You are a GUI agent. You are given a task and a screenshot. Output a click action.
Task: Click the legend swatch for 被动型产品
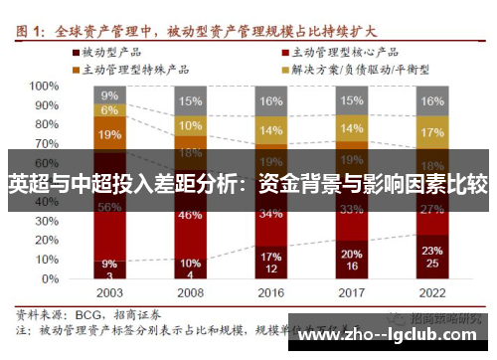coord(75,51)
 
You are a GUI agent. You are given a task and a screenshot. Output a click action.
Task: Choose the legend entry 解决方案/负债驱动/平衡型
coord(373,69)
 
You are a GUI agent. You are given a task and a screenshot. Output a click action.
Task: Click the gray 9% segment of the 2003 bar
coord(109,95)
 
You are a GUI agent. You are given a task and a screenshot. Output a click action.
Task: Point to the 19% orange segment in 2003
coord(109,134)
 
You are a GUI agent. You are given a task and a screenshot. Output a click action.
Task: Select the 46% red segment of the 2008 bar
coord(190,215)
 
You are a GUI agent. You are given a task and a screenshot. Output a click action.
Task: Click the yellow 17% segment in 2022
coord(431,132)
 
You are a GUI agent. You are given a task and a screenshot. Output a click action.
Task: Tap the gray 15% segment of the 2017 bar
coord(351,100)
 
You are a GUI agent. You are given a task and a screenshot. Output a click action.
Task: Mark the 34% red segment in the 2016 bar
coord(270,212)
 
